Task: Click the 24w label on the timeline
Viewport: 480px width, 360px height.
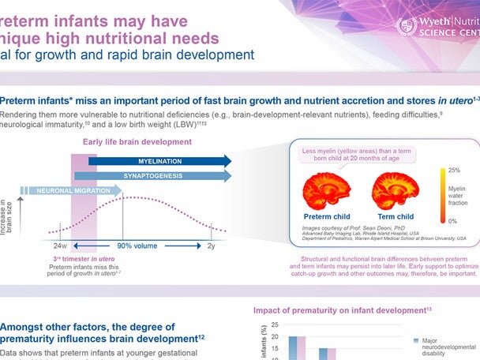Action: (50, 246)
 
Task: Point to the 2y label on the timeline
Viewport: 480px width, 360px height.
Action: (212, 246)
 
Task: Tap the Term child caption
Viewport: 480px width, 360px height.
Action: (395, 216)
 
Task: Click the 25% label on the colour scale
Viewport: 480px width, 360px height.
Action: (454, 171)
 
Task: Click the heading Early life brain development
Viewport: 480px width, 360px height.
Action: (137, 142)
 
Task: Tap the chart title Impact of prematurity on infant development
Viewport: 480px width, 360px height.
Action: (342, 310)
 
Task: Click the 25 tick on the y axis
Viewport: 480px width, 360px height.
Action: (274, 324)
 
